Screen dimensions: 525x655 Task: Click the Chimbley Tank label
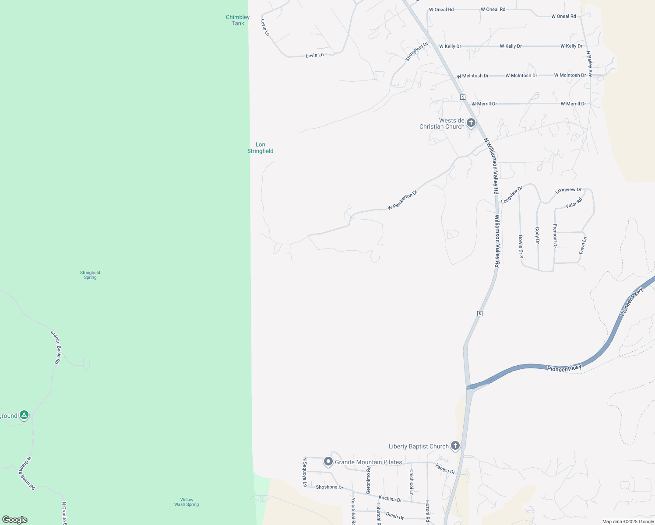click(x=238, y=20)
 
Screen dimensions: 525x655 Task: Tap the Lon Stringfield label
click(x=261, y=147)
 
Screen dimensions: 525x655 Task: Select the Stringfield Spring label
click(x=90, y=275)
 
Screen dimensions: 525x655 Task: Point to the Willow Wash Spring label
click(x=187, y=502)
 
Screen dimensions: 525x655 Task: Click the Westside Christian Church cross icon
click(x=471, y=122)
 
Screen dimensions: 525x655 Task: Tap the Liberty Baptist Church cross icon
click(x=455, y=446)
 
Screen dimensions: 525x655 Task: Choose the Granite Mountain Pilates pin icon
click(x=328, y=462)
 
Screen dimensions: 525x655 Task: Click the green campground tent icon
click(x=24, y=415)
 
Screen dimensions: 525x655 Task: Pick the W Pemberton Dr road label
click(x=403, y=200)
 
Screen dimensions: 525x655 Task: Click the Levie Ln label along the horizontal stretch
click(x=314, y=55)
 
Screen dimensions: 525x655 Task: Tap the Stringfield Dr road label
click(x=416, y=51)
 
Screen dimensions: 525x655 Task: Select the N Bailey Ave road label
click(x=589, y=64)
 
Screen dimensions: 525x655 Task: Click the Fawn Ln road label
click(x=583, y=245)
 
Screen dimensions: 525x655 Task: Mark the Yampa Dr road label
click(x=445, y=469)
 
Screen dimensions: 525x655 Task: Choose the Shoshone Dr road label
click(x=330, y=487)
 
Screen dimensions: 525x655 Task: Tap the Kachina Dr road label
click(x=390, y=499)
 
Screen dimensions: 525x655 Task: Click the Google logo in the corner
click(x=15, y=519)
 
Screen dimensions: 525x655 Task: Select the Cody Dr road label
click(x=537, y=235)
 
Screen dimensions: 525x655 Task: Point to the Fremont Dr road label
click(x=555, y=236)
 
